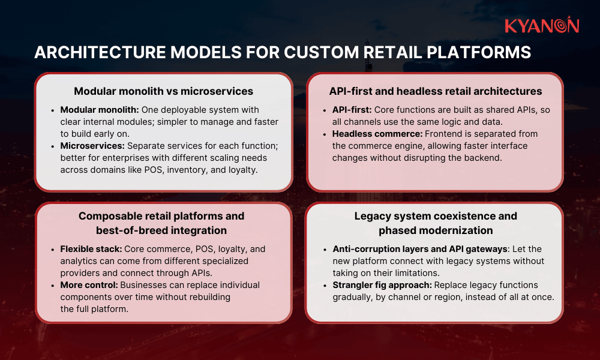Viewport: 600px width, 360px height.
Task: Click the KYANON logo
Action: (541, 26)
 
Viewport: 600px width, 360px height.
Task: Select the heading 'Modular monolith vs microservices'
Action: (163, 91)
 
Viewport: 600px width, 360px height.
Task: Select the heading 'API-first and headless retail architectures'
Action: (435, 91)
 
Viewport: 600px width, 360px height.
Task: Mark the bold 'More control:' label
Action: (86, 285)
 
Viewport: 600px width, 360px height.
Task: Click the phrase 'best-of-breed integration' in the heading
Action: (161, 230)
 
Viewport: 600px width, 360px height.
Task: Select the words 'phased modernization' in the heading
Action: (436, 230)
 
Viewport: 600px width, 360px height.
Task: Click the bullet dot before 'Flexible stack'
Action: (54, 249)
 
